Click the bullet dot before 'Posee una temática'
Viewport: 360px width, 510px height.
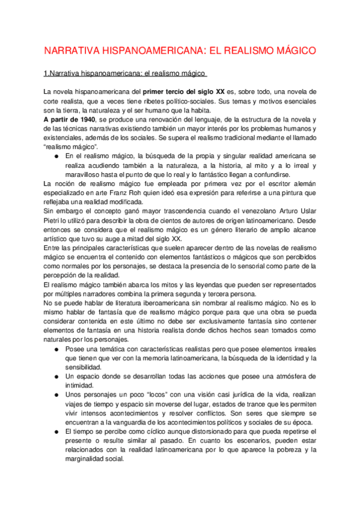[56, 350]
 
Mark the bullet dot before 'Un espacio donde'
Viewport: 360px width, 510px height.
[56, 377]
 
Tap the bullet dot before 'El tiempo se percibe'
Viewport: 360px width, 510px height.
[56, 432]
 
